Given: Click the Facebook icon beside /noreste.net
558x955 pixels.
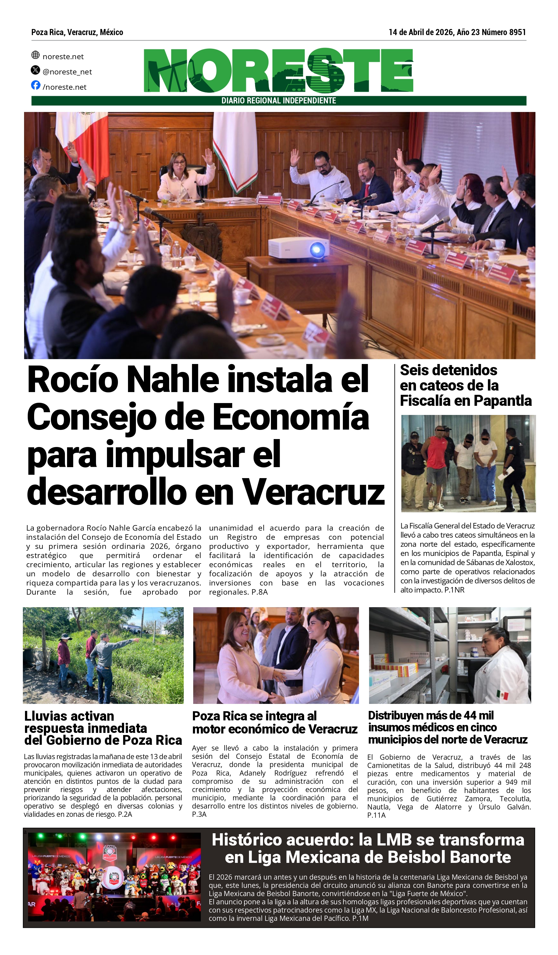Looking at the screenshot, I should click(x=36, y=85).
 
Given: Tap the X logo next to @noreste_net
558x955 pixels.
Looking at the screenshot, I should click(x=35, y=70).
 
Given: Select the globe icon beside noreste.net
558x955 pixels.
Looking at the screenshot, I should click(x=35, y=55).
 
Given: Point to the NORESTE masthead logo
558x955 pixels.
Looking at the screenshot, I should click(x=278, y=70).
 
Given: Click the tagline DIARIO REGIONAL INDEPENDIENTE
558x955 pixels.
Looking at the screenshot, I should click(x=279, y=101).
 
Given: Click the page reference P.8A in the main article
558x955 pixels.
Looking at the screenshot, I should click(x=259, y=592).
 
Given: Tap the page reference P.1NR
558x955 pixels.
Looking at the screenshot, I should click(x=454, y=590).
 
